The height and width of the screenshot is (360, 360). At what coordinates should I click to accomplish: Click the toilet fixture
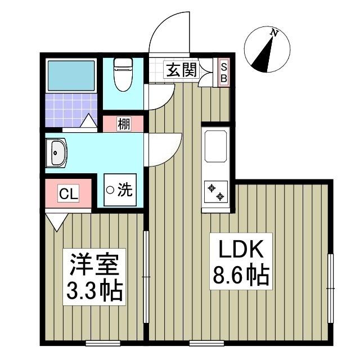point(122,75)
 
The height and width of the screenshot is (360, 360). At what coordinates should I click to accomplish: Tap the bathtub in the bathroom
point(71,75)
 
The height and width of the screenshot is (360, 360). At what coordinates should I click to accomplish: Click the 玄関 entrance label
point(181,70)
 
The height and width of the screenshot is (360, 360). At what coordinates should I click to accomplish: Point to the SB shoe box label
point(223,72)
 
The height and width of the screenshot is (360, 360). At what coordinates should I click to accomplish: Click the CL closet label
point(69,195)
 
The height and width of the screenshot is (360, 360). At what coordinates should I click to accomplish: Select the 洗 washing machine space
point(119,191)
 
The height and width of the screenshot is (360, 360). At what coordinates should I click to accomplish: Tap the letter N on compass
point(274,33)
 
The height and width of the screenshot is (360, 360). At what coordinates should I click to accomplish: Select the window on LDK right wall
point(331,288)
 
